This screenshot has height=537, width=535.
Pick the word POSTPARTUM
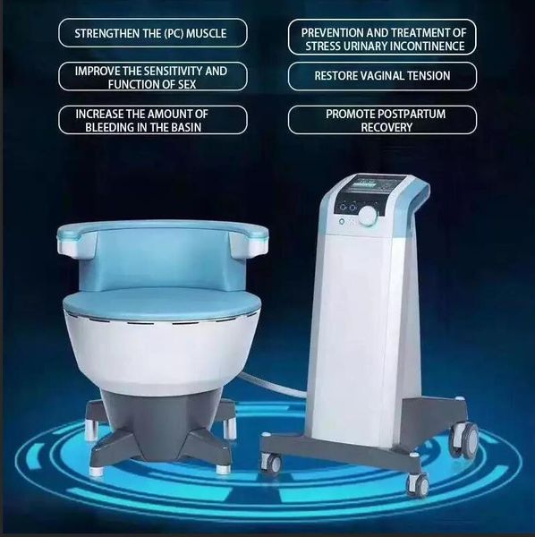click(412, 114)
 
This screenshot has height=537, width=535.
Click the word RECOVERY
click(386, 127)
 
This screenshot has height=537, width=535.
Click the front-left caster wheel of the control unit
click(272, 463)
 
